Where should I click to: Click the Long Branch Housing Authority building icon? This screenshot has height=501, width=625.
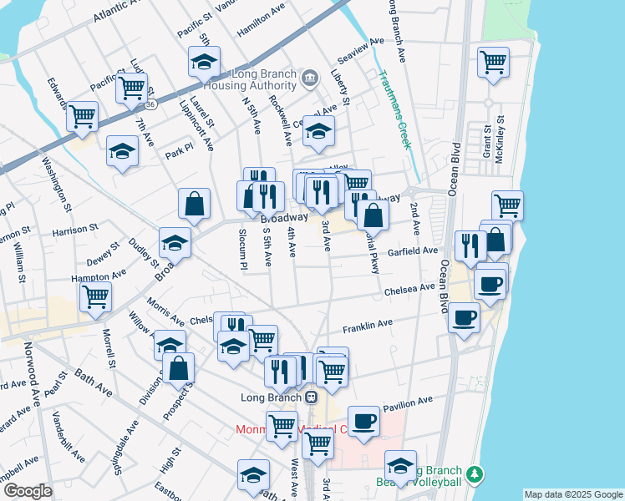click(310, 79)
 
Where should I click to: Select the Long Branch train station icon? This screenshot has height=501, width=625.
click(310, 397)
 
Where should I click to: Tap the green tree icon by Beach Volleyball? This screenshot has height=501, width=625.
click(476, 474)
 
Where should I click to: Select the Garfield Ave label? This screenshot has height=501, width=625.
click(413, 251)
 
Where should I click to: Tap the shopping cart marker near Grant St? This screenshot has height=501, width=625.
click(493, 61)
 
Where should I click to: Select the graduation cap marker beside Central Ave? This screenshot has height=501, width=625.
click(318, 130)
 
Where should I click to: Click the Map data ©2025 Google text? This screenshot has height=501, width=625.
click(573, 494)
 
